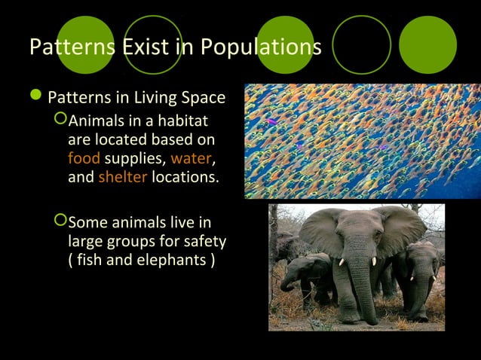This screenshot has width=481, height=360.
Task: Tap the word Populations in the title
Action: tap(259, 47)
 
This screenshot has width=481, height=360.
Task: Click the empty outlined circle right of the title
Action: tap(362, 45)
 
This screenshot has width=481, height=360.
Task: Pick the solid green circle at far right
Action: tap(427, 45)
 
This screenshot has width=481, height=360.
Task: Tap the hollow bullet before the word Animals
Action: tap(60, 120)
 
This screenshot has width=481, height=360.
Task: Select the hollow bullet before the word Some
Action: tap(60, 221)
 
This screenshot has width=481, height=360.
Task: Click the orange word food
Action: tap(83, 159)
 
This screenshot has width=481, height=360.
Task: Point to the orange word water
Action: tap(190, 159)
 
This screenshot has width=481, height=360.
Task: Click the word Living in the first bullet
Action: tap(139, 99)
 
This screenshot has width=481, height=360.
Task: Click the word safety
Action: tap(204, 242)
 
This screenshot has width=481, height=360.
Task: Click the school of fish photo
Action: tap(362, 140)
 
